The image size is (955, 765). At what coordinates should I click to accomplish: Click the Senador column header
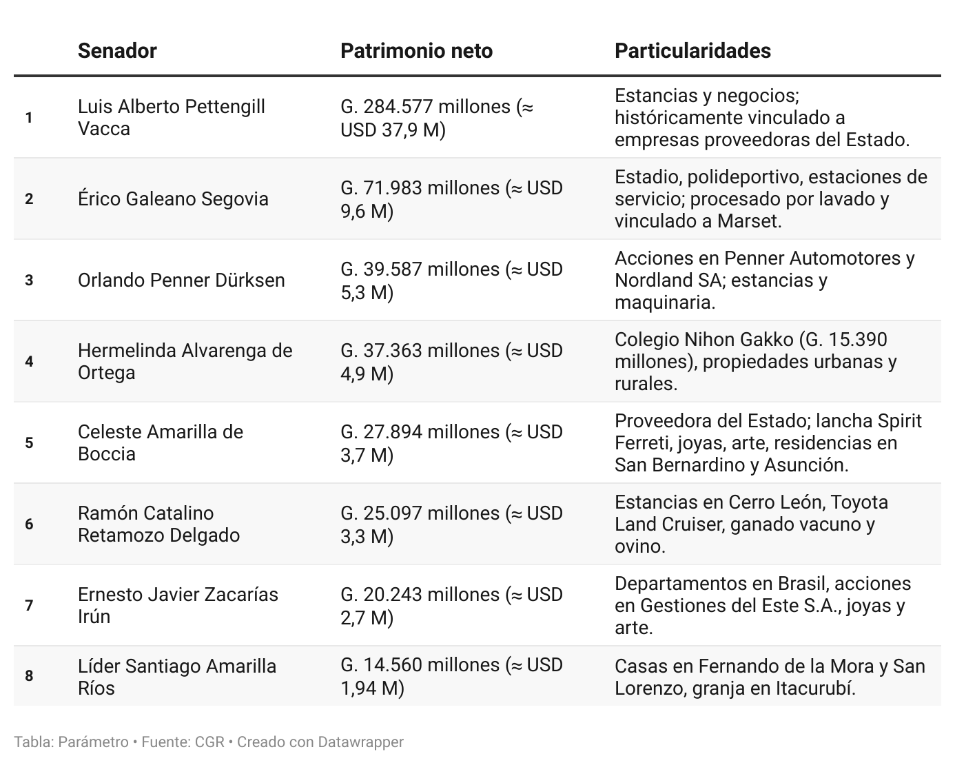117,51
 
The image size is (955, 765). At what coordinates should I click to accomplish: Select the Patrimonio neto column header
416,51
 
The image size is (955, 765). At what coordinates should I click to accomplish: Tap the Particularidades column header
692,51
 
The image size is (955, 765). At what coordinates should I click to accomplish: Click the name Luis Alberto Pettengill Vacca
171,118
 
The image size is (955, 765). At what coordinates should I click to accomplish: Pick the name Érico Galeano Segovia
173,199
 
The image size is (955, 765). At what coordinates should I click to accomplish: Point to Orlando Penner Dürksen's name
181,280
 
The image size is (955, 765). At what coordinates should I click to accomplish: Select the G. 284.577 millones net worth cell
437,118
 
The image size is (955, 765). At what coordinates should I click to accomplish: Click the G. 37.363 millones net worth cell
451,362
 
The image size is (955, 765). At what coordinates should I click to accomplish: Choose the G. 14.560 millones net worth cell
451,676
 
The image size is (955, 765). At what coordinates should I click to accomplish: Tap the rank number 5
29,443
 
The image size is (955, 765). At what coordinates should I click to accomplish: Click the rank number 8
29,676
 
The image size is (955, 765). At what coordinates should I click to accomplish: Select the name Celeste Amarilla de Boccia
160,443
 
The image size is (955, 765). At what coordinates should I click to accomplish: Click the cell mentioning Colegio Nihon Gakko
755,362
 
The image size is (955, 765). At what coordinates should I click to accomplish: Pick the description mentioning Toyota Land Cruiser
751,524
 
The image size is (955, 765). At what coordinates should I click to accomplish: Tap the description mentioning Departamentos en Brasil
762,606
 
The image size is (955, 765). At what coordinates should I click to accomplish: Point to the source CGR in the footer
209,742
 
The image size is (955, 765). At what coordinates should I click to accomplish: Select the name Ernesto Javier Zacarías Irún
178,606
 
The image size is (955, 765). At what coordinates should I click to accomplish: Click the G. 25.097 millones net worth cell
451,524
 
